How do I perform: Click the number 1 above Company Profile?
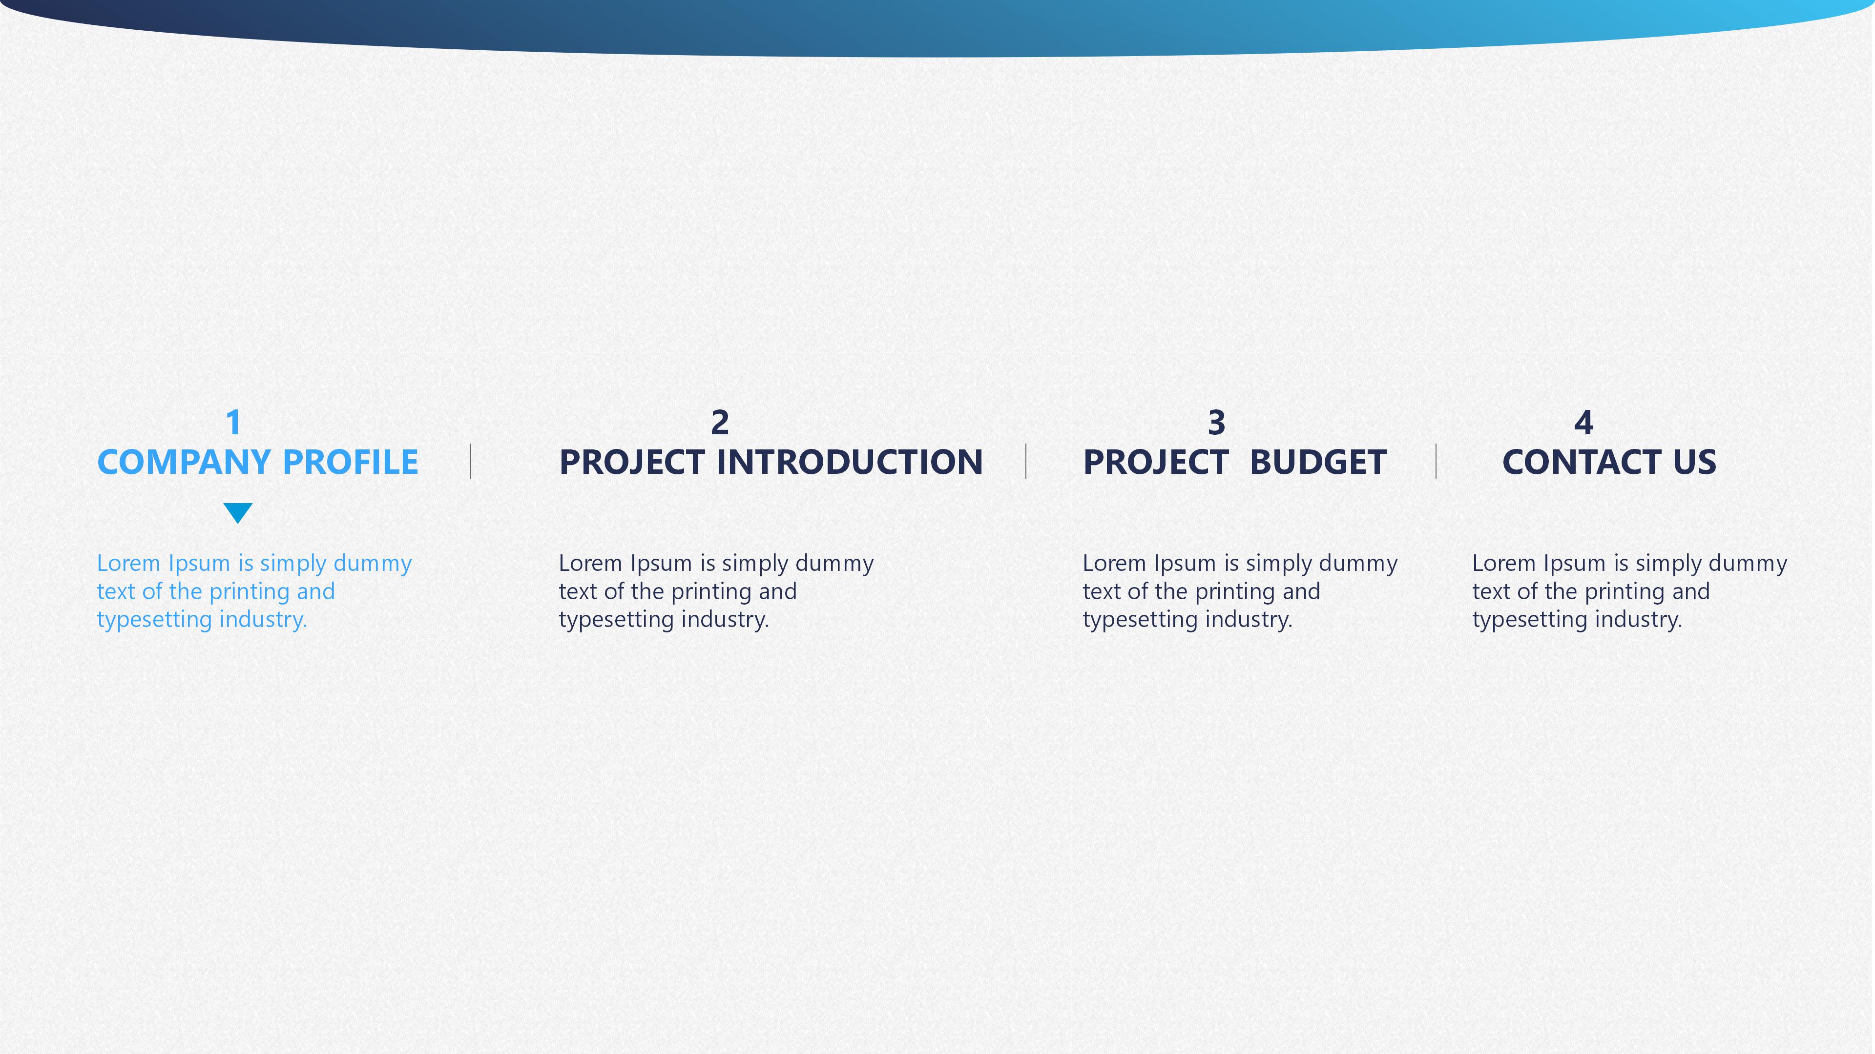[x=234, y=423]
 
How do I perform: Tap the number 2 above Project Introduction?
[x=720, y=423]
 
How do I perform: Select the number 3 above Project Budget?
[x=1217, y=423]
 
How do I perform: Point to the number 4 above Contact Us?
[x=1584, y=423]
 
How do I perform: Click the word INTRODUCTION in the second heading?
[x=850, y=463]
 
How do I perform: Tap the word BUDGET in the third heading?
[x=1318, y=463]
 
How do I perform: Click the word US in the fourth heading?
[x=1694, y=463]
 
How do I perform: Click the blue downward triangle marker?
[x=238, y=512]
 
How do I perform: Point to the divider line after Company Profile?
[x=471, y=461]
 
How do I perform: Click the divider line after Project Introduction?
[x=1026, y=461]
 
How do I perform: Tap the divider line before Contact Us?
[x=1436, y=461]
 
